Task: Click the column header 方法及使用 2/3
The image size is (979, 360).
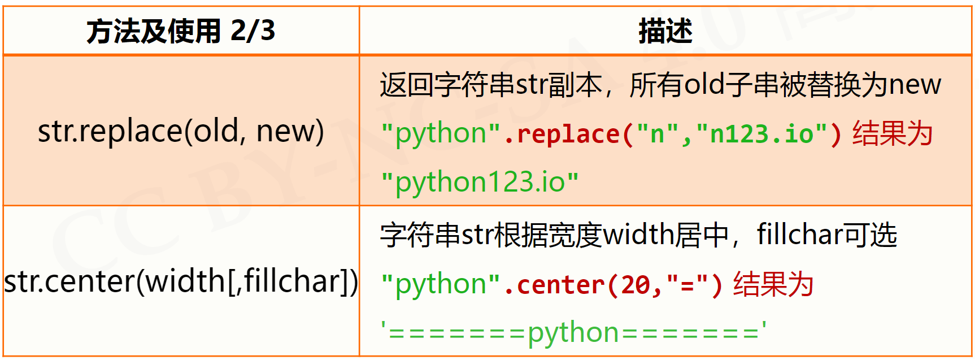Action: [181, 31]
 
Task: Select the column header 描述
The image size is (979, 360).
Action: [665, 31]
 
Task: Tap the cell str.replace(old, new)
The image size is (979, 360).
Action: [181, 131]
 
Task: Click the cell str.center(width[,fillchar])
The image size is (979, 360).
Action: [181, 281]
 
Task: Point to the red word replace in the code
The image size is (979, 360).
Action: [568, 135]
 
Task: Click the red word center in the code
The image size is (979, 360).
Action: [560, 285]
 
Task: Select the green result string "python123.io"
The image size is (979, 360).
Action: [480, 182]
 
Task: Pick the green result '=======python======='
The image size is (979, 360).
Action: [573, 332]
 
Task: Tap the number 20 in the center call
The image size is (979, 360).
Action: [635, 285]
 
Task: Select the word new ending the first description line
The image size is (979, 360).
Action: [915, 85]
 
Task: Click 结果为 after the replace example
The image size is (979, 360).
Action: [893, 135]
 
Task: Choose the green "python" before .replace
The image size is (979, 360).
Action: [441, 135]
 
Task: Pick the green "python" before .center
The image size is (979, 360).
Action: [441, 285]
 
